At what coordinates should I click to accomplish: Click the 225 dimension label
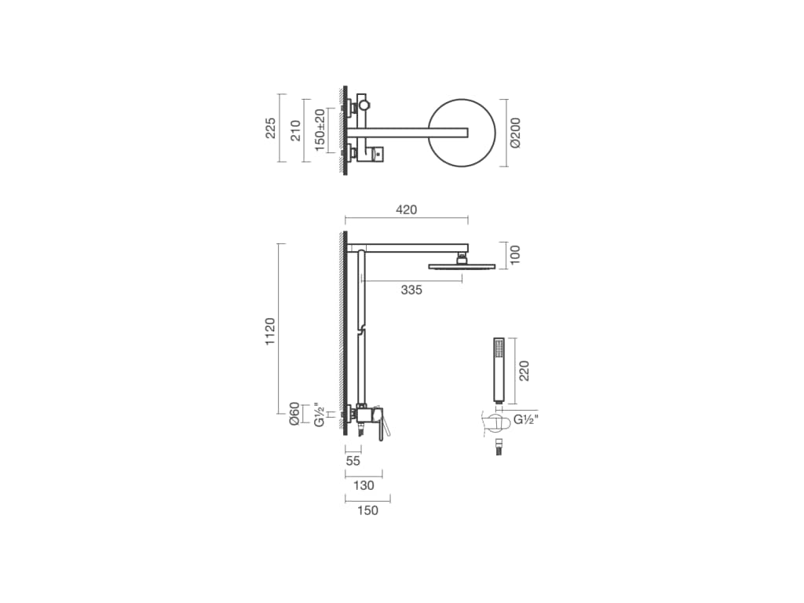tap(270, 128)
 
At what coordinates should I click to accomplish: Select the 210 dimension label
tap(295, 130)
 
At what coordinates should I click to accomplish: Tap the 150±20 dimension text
tap(320, 130)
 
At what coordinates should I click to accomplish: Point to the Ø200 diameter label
tap(515, 133)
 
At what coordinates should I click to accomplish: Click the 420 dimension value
tap(407, 210)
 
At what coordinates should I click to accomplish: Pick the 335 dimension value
tap(411, 291)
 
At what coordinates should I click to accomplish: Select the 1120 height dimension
tap(270, 331)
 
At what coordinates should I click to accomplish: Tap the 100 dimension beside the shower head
tap(515, 255)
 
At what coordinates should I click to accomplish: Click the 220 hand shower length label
tap(523, 371)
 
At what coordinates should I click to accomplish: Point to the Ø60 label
tap(294, 413)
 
